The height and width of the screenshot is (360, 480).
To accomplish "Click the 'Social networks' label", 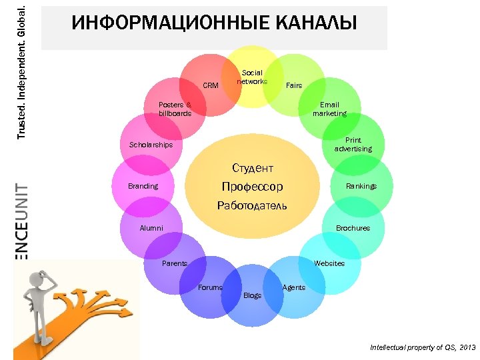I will click(252, 77).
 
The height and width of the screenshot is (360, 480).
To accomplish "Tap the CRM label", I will click(211, 85).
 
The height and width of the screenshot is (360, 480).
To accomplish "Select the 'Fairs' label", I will click(293, 85).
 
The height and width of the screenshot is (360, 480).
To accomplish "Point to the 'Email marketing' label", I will click(329, 109).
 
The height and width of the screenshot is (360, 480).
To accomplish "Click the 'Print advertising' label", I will click(353, 144).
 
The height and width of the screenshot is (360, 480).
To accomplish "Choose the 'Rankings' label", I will click(361, 186).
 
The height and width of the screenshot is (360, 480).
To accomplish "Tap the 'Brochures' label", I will click(353, 228).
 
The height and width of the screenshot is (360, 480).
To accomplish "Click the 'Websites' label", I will click(329, 263).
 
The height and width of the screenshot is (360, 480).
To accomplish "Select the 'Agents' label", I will click(294, 287).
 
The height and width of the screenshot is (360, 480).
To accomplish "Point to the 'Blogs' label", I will click(253, 295).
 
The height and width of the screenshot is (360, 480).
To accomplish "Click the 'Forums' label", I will click(210, 287).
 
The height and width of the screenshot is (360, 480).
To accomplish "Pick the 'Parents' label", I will click(175, 263).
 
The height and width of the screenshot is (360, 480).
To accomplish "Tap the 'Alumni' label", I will click(151, 228).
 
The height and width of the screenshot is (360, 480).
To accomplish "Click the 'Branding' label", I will click(143, 186).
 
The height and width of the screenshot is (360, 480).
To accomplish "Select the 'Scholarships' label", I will click(151, 145).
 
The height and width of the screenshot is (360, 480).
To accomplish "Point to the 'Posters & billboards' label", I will click(175, 109).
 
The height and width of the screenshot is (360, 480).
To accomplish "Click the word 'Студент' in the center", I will click(253, 168).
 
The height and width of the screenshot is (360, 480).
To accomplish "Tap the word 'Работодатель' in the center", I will click(253, 205).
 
